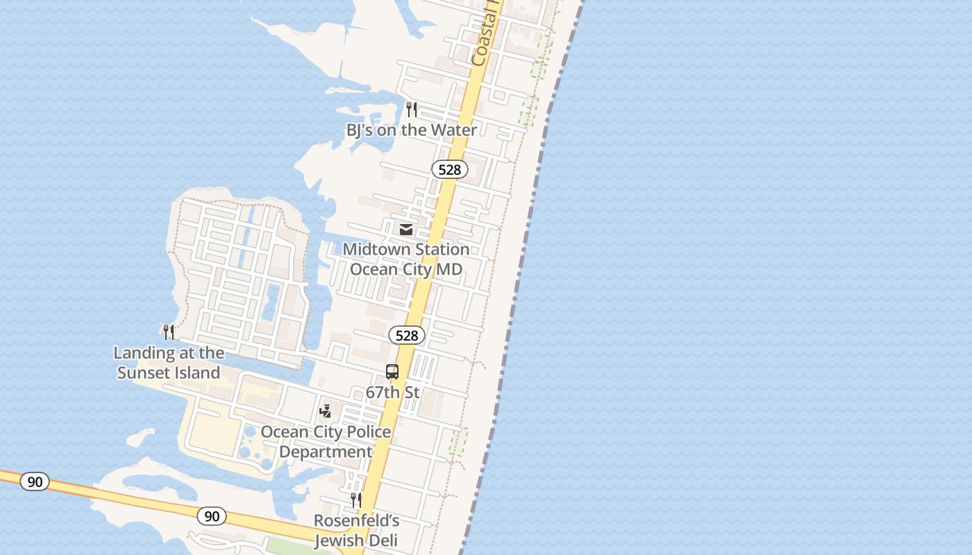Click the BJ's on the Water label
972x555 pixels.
[x=412, y=130]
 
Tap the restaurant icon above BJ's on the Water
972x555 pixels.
[x=412, y=109]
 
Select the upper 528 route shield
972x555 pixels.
[x=450, y=169]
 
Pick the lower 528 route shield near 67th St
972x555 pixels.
[x=406, y=336]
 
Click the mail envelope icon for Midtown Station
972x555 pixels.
[x=406, y=229]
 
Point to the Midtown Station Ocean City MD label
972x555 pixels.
[x=406, y=259]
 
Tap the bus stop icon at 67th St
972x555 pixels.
[x=392, y=372]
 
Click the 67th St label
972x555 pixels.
[x=392, y=392]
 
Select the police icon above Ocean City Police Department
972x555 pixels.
[x=325, y=411]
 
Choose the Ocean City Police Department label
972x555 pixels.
[x=326, y=441]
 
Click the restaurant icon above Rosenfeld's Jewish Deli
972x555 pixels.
[x=356, y=500]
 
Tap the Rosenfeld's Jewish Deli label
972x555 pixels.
[x=356, y=530]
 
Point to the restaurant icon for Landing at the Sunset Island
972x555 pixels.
[x=169, y=332]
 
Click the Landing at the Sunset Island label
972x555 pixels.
[x=169, y=362]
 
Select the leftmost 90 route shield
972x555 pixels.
[x=34, y=481]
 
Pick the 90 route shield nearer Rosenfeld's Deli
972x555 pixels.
[x=212, y=515]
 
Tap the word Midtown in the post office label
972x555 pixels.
[x=377, y=249]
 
